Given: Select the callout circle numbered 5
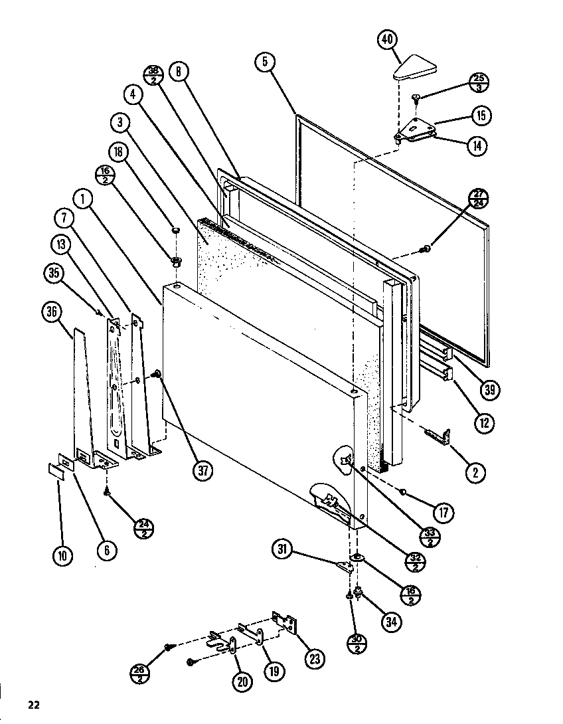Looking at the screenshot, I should (265, 62).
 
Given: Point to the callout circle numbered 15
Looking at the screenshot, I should (481, 116).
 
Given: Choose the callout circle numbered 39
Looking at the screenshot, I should (490, 390).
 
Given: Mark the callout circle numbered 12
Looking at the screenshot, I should (484, 422).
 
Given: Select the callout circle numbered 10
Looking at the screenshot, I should (62, 555).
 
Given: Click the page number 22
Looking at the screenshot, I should (34, 705).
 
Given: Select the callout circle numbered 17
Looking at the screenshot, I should (443, 512).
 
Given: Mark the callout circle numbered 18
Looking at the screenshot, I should (119, 153).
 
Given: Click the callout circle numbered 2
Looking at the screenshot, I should (474, 473).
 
